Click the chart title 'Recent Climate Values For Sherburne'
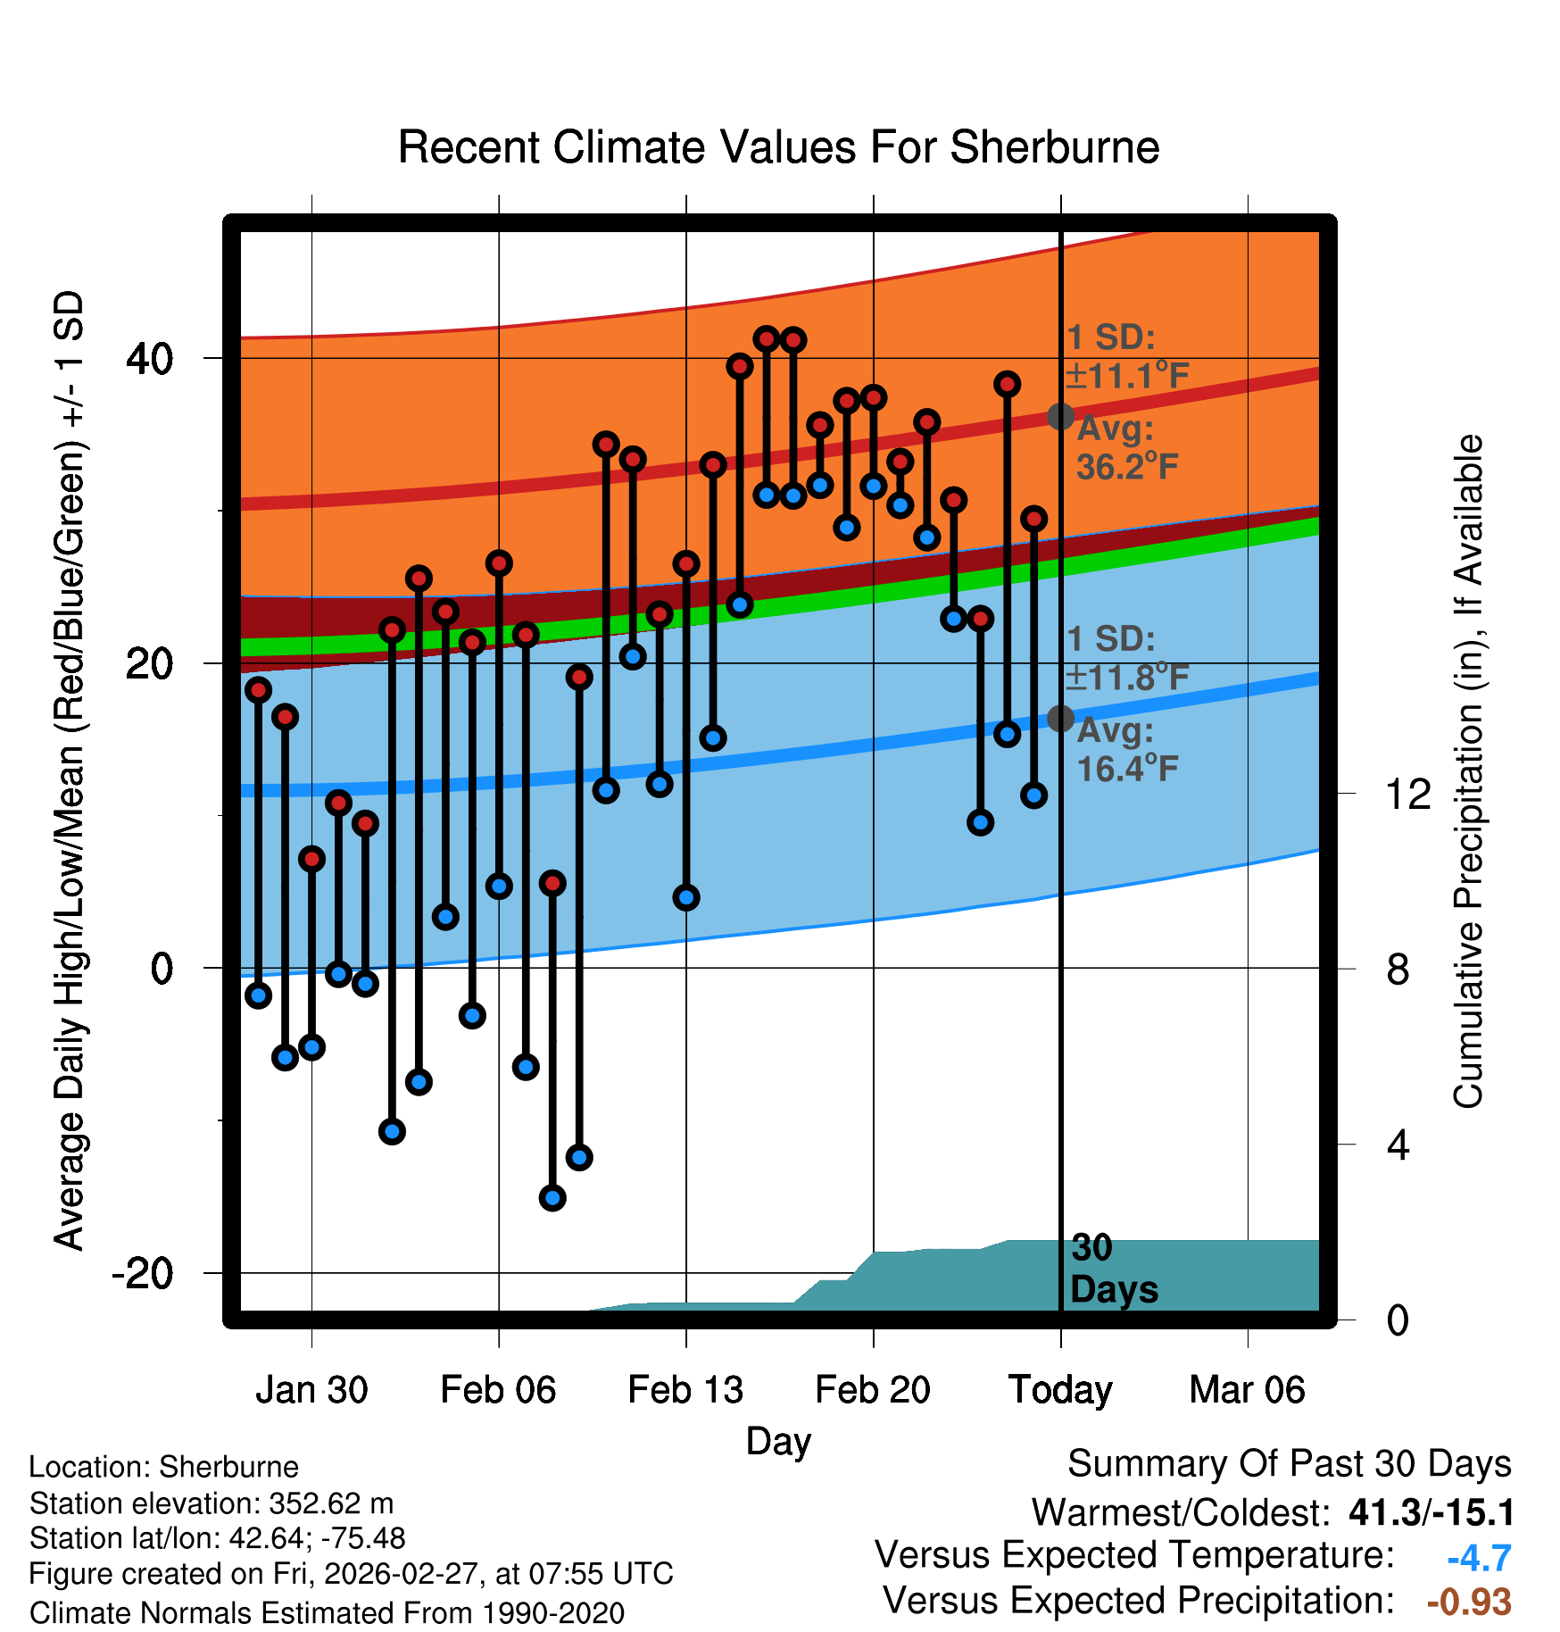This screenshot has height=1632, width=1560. (778, 147)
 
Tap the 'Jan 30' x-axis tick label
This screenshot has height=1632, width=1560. (311, 1390)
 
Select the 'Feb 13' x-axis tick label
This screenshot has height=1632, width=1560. (685, 1390)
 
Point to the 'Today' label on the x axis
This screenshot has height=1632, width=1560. (1060, 1390)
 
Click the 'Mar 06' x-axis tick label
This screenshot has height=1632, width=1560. (1247, 1390)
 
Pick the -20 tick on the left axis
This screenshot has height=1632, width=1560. (142, 1272)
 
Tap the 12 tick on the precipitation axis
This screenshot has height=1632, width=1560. (1408, 794)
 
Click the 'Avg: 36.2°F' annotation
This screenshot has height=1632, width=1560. (1126, 447)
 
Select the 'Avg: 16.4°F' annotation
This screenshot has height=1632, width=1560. (1126, 749)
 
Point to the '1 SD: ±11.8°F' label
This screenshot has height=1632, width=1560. (1126, 658)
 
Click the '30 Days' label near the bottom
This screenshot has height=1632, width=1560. (1113, 1269)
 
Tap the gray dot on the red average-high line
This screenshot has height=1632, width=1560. (1060, 416)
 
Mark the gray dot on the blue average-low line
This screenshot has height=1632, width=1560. (1060, 718)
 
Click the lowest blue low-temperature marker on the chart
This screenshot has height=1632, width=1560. (552, 1197)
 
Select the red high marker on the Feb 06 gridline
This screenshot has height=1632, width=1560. (499, 562)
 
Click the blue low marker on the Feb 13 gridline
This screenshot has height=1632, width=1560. (686, 897)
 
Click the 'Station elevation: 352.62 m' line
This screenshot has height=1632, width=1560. (212, 1503)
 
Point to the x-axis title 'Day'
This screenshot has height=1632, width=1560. (778, 1441)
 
